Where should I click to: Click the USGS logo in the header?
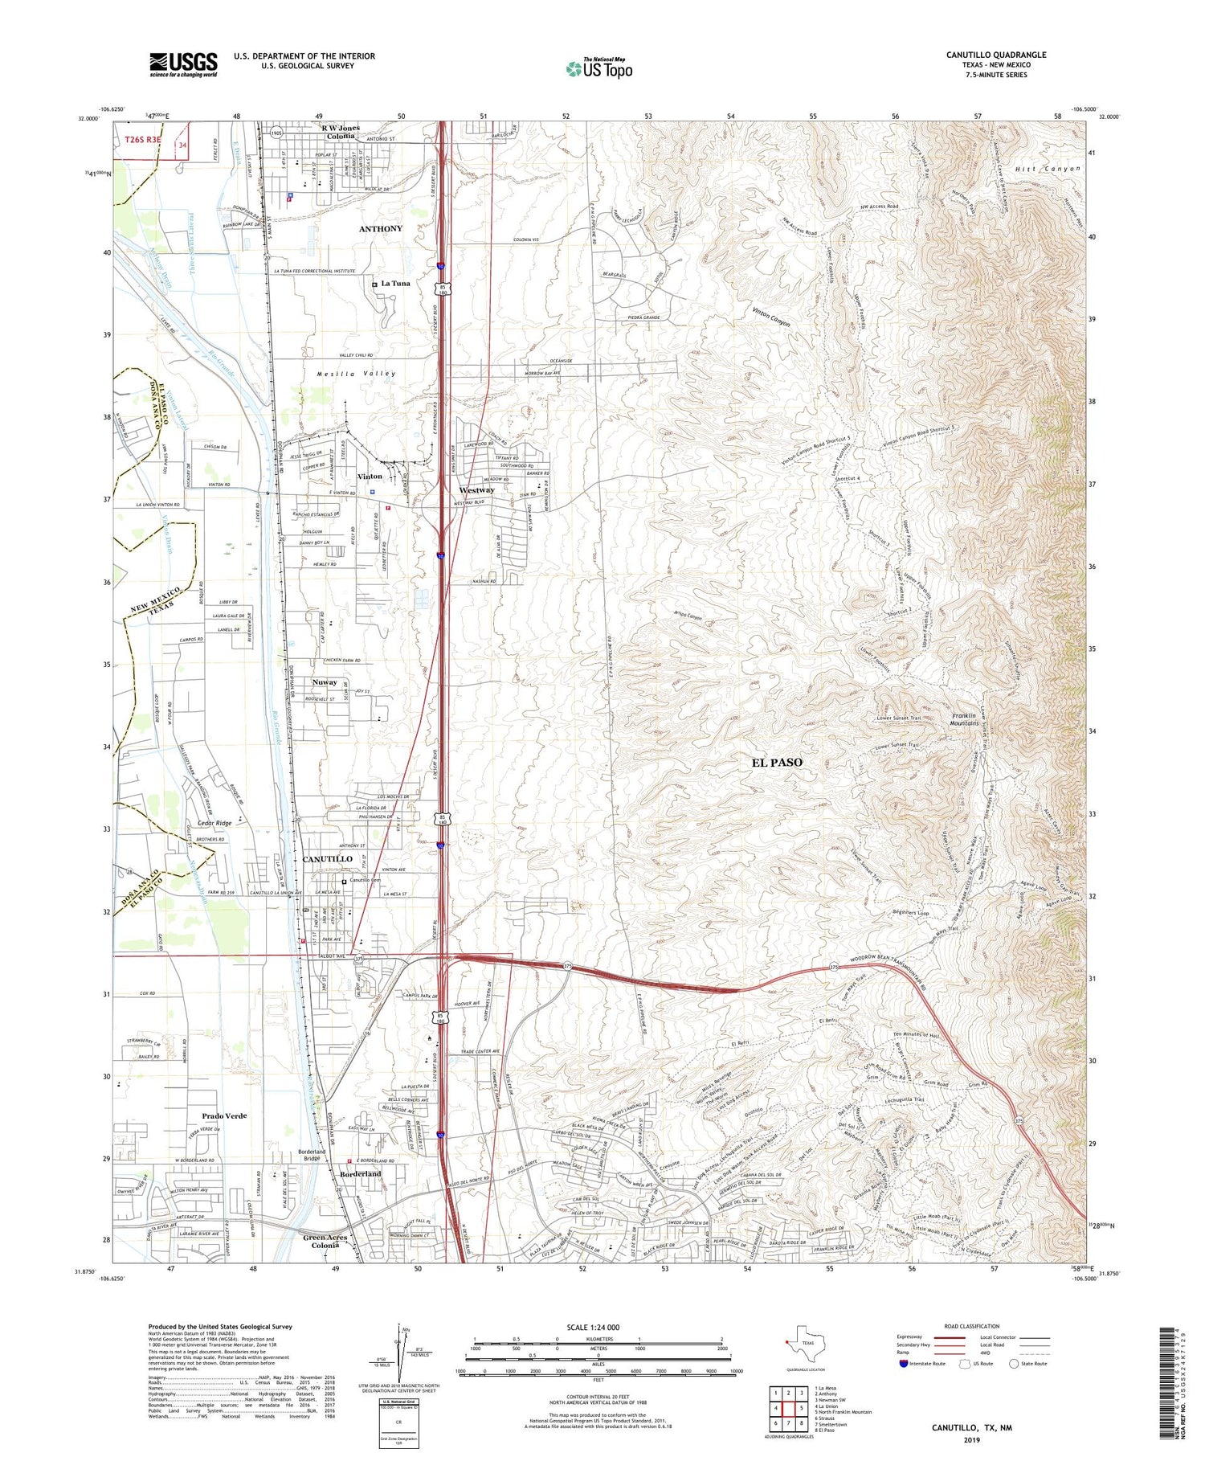click(183, 64)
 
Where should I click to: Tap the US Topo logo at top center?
click(598, 68)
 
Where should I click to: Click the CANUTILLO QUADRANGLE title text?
click(995, 55)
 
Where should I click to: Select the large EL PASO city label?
click(777, 762)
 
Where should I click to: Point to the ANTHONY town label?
click(380, 229)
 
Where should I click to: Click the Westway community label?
click(476, 489)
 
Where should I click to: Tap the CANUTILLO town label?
click(327, 859)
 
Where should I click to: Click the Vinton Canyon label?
click(771, 317)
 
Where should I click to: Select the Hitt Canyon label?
click(1048, 169)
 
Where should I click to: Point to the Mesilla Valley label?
click(356, 374)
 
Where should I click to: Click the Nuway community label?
click(325, 682)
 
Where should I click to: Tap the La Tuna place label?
click(395, 283)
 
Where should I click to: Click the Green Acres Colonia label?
click(325, 1241)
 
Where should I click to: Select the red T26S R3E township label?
click(143, 140)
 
